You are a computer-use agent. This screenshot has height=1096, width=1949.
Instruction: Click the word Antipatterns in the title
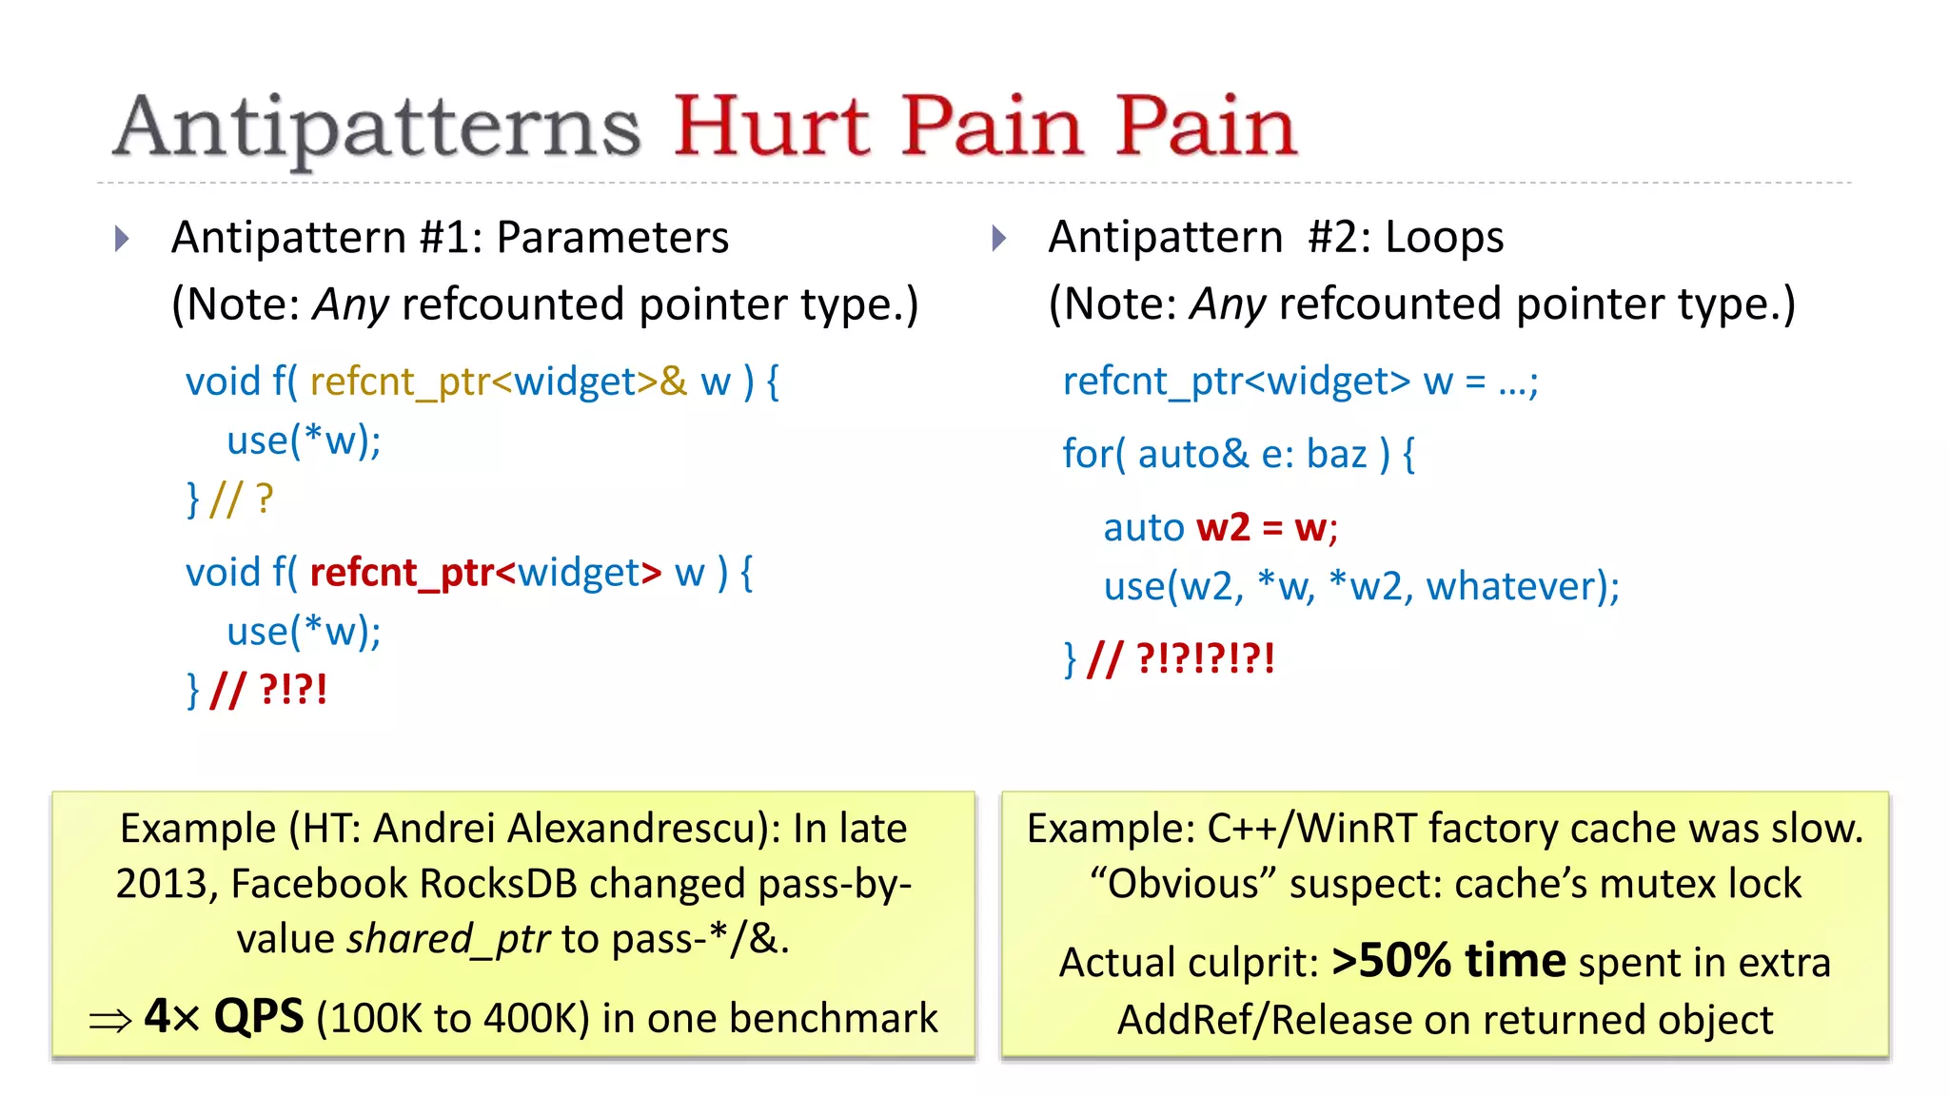[376, 128]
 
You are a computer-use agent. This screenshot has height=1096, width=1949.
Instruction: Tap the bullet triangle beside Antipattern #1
[122, 238]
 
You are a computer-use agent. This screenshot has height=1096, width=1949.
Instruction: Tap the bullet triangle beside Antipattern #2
[998, 238]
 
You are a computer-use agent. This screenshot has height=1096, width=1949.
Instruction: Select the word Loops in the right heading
[1444, 238]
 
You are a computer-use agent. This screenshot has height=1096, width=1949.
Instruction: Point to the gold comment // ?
[242, 499]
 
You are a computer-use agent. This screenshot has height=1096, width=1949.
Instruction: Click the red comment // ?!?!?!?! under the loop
[1181, 658]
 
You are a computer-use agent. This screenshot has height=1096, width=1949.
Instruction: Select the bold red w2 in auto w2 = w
[1223, 528]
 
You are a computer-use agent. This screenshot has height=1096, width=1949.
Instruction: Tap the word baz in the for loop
[1336, 455]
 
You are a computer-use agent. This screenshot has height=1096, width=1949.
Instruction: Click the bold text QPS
[258, 1017]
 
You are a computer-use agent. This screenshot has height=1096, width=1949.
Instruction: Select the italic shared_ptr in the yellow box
[448, 940]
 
